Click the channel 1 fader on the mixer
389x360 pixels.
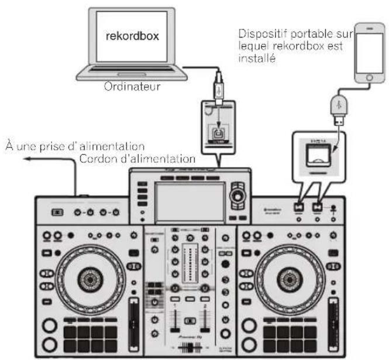174,321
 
